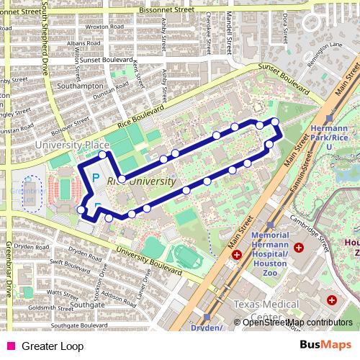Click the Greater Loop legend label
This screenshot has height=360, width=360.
[x=53, y=346]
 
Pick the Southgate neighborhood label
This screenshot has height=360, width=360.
[x=89, y=305]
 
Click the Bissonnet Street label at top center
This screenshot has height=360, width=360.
[x=167, y=11]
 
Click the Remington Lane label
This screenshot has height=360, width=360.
[x=326, y=45]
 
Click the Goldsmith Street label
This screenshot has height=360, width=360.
[x=48, y=307]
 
